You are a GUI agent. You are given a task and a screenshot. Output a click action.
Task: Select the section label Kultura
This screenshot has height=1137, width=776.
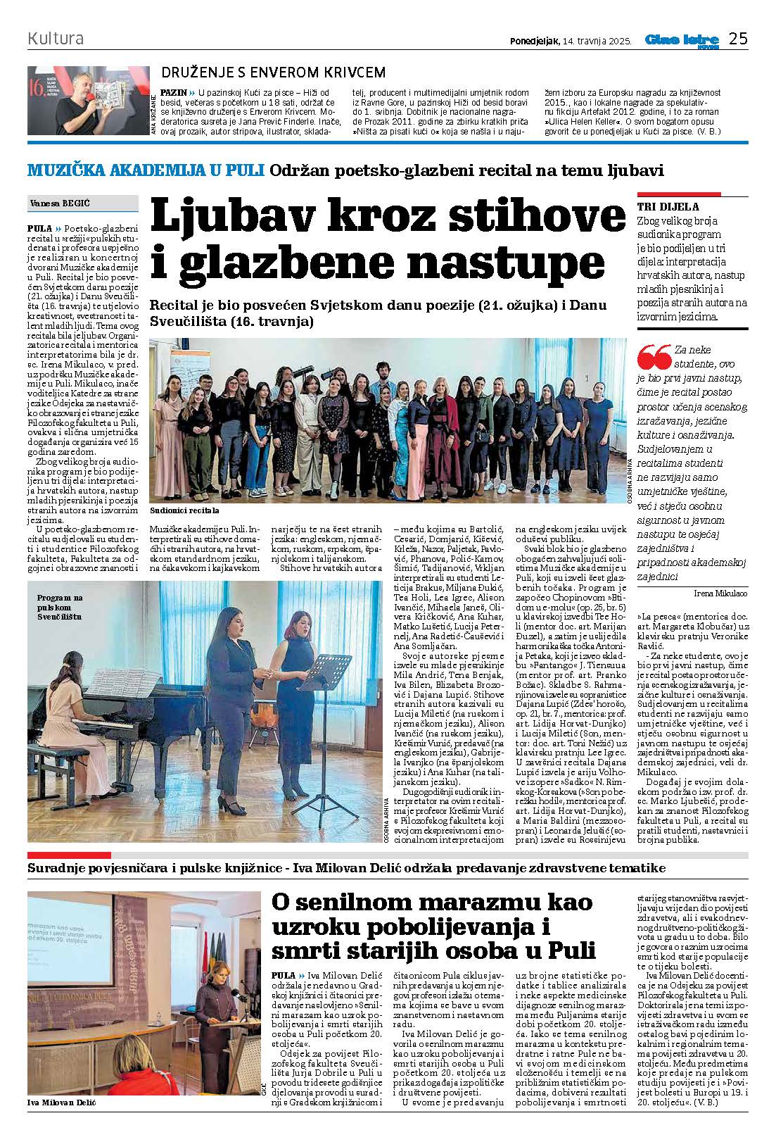56,38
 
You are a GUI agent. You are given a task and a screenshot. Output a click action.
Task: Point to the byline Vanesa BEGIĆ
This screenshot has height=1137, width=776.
61,203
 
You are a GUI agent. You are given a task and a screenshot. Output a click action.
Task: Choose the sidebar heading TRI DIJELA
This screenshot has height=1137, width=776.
668,207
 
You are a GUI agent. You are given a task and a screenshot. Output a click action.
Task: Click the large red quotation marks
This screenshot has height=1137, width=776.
654,358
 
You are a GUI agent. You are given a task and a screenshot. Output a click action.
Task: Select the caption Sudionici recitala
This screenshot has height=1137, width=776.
184,510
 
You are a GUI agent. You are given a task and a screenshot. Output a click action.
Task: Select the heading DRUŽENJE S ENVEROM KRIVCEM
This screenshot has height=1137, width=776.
274,73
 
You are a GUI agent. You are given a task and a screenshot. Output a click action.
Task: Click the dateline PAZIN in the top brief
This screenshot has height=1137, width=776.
173,92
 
